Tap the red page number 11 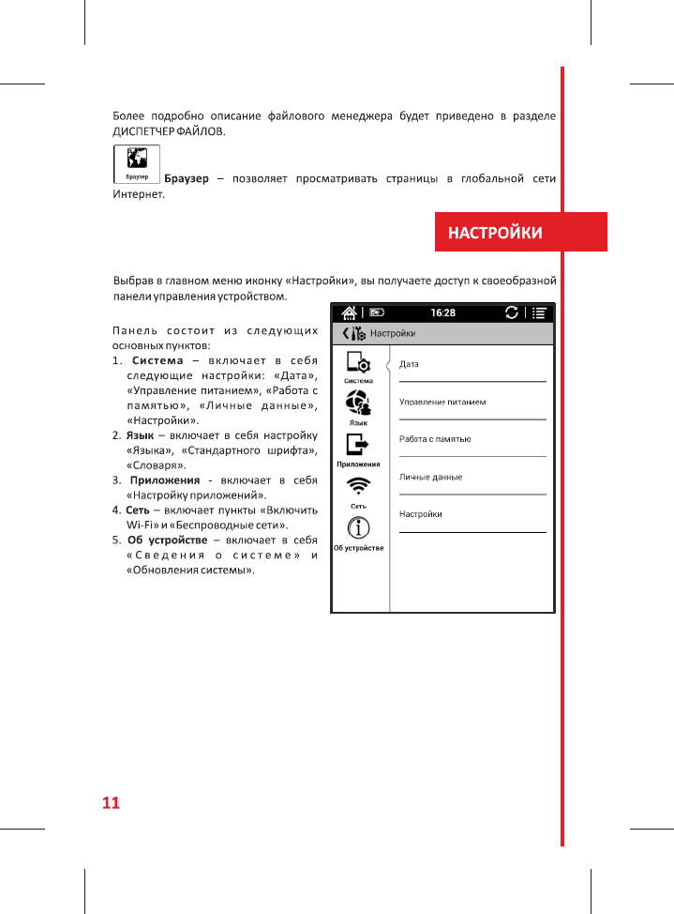111,803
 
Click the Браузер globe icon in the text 136,163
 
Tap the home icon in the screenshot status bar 349,312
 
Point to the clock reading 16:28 442,312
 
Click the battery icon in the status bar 376,312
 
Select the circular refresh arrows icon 511,312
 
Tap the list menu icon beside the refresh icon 539,312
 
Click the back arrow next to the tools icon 345,333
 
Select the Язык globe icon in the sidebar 358,404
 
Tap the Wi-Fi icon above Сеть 358,487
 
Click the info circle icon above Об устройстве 358,528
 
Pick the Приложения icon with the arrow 358,446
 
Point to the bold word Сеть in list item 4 137,510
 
